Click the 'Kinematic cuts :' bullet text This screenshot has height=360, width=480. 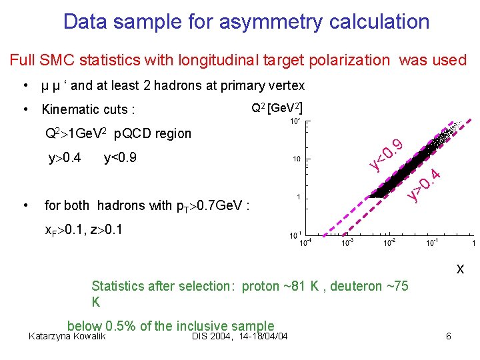tap(89, 109)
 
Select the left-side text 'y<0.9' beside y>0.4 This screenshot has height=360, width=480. tap(122, 159)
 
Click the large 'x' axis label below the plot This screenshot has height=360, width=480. tap(460, 270)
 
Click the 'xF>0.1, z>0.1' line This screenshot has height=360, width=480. tap(84, 231)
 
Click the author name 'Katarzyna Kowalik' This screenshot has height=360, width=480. tap(68, 336)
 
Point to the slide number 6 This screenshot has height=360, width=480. tap(448, 336)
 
